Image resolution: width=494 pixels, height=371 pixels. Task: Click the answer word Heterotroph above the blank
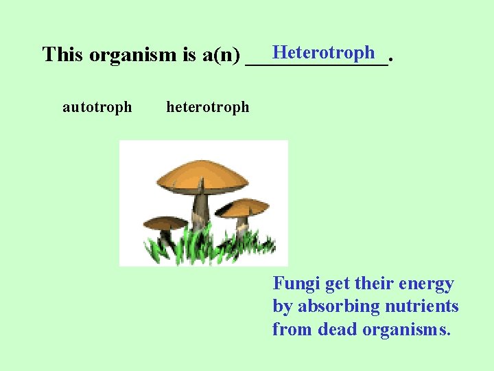(x=323, y=52)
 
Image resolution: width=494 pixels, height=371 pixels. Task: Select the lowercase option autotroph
(x=97, y=107)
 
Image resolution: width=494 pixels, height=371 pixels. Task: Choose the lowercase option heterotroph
(x=208, y=107)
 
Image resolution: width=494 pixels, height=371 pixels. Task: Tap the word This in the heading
(x=62, y=54)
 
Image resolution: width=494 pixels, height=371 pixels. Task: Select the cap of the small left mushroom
(x=165, y=223)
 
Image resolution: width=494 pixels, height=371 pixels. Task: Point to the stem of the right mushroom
(x=242, y=225)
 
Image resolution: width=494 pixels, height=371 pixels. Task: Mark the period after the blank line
(x=390, y=60)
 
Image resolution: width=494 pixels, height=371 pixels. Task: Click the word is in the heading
(x=189, y=54)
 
